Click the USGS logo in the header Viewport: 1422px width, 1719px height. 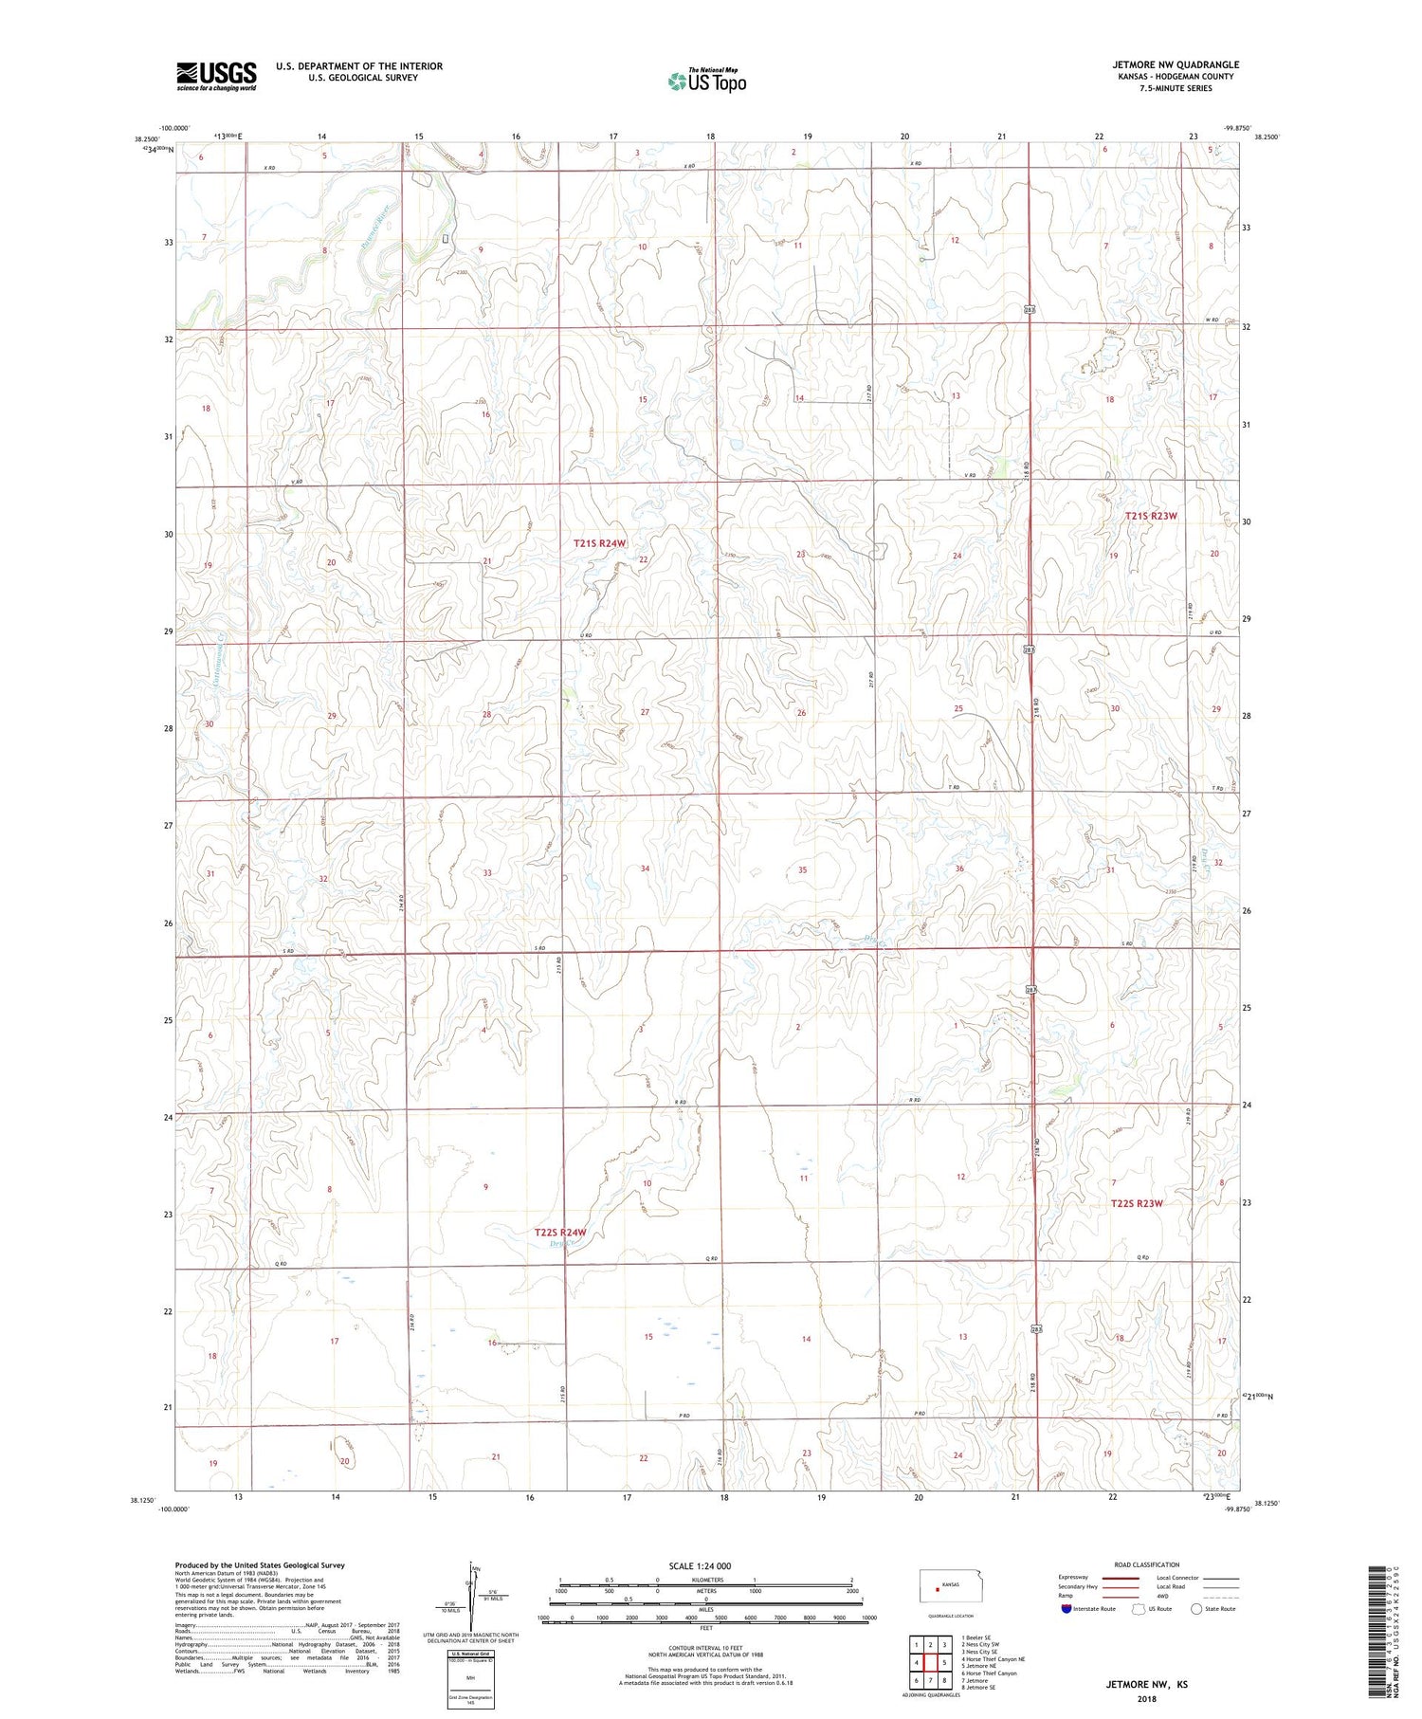(x=216, y=76)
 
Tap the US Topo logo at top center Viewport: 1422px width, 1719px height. (x=706, y=82)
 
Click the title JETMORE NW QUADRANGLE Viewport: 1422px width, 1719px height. (x=1176, y=65)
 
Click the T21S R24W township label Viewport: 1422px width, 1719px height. (x=600, y=543)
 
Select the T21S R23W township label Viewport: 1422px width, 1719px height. (x=1150, y=516)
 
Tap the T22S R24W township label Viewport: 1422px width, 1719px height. (x=560, y=1233)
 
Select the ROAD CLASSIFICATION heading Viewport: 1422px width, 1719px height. (x=1147, y=1564)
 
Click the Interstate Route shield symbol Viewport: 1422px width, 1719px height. (x=1066, y=1608)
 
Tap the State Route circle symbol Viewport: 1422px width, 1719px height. (x=1196, y=1608)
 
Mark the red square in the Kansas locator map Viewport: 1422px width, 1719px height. (x=938, y=1590)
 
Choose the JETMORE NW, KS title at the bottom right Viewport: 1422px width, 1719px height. (x=1145, y=1685)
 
